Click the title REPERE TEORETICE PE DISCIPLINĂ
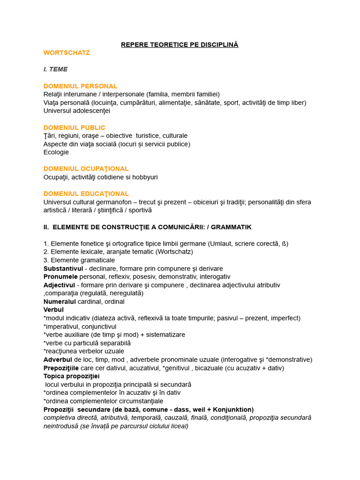coord(180,45)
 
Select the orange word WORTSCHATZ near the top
coord(67,52)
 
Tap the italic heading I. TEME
coord(55,69)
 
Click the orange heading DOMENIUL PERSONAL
coord(80,86)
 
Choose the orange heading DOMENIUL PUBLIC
coord(74,127)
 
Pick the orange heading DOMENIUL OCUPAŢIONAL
coord(86,169)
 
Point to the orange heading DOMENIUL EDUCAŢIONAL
coord(86,194)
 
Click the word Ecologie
coord(56,152)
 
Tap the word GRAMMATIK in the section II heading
coord(231,227)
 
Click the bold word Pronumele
coord(60,277)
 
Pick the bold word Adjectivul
coord(59,285)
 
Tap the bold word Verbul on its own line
coord(53,310)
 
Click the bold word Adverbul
coord(57,360)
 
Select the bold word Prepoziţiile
coord(61,368)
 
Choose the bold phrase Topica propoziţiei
coord(71,376)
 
